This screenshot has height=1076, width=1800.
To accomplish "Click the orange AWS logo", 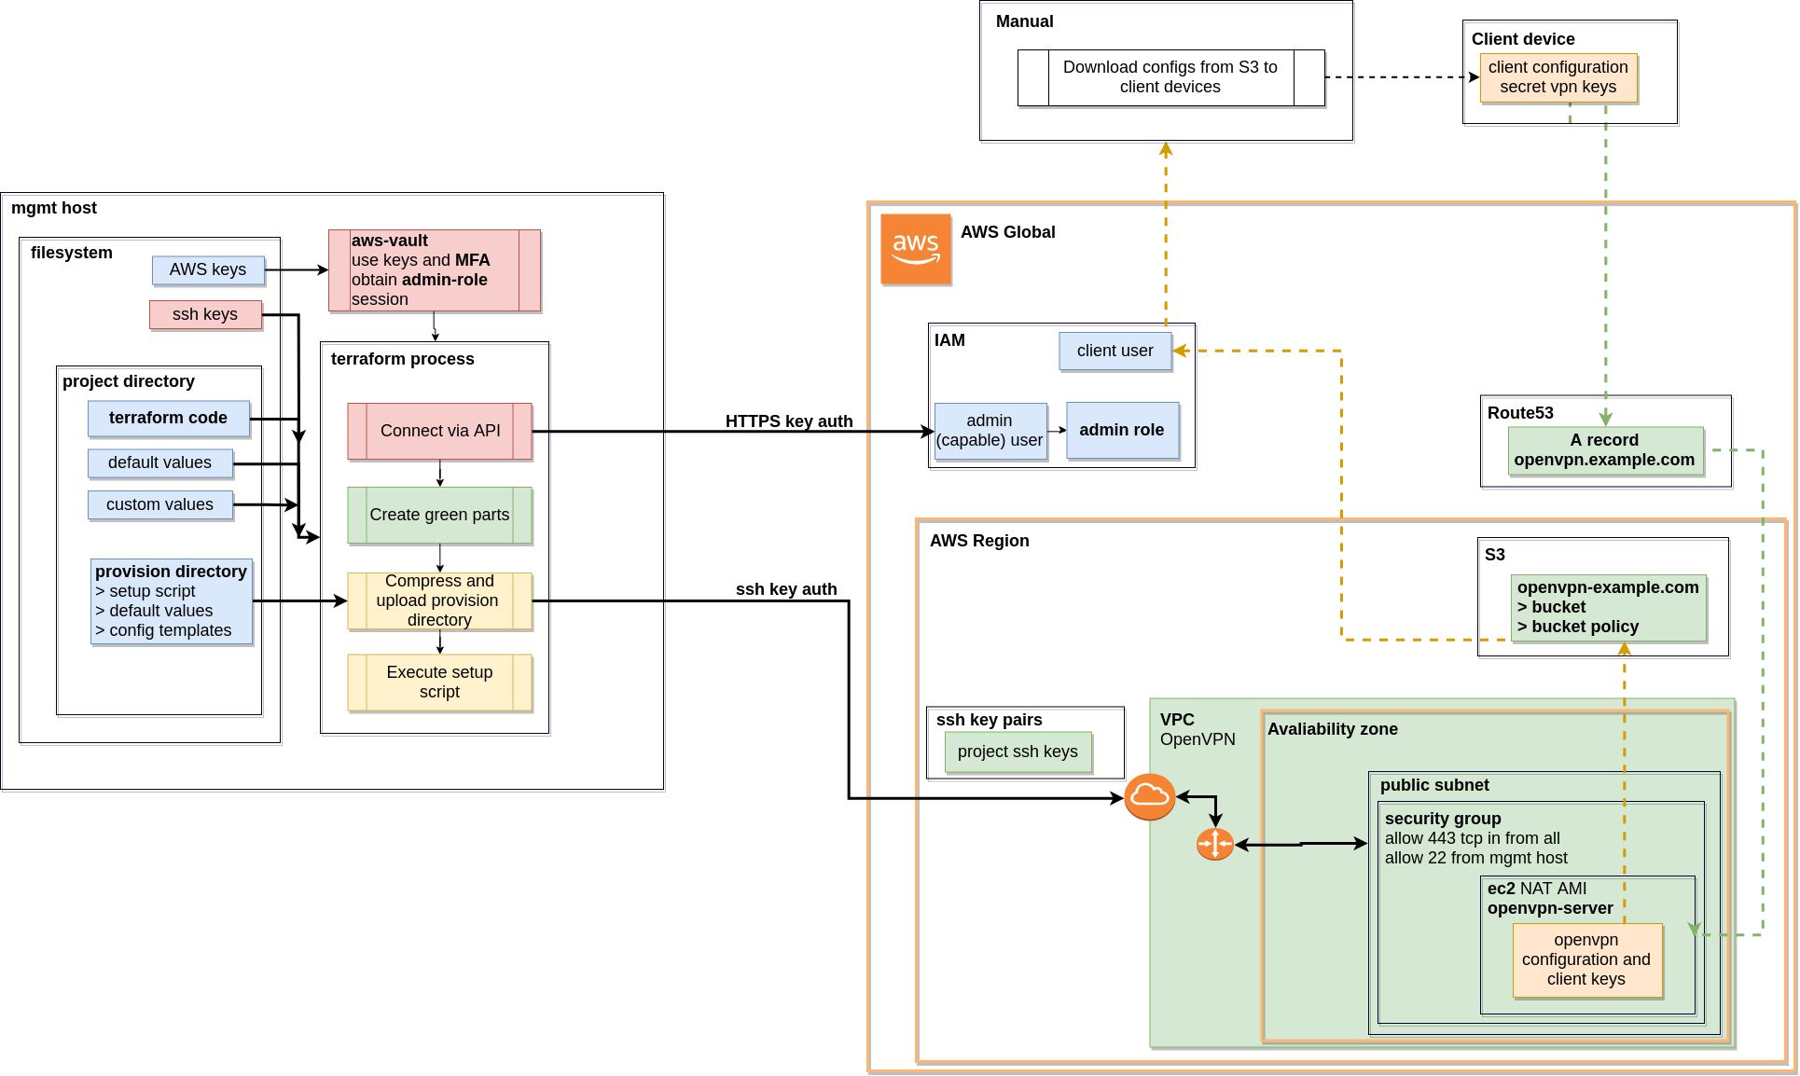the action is pyautogui.click(x=916, y=249).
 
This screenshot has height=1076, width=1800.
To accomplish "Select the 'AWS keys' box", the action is pyautogui.click(x=208, y=269).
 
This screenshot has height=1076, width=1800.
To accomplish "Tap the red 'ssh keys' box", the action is pyautogui.click(x=205, y=314).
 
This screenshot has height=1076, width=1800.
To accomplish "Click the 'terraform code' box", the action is pyautogui.click(x=169, y=418).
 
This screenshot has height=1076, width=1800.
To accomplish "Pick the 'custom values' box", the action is pyautogui.click(x=160, y=504).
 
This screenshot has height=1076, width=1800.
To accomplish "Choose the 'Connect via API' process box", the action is pyautogui.click(x=439, y=431).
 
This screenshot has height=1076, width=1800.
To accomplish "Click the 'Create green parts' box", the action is pyautogui.click(x=439, y=515).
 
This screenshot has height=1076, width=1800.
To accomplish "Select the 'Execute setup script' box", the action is pyautogui.click(x=439, y=683).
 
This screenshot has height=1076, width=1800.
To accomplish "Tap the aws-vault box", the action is pyautogui.click(x=435, y=270).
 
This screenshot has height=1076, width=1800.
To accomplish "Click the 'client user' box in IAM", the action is pyautogui.click(x=1115, y=351).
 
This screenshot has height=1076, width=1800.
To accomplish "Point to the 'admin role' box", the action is pyautogui.click(x=1122, y=430).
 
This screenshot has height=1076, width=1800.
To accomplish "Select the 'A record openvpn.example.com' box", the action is pyautogui.click(x=1605, y=450).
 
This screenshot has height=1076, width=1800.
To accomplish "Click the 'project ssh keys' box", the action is pyautogui.click(x=1018, y=752).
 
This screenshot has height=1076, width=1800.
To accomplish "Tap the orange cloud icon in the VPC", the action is pyautogui.click(x=1149, y=796).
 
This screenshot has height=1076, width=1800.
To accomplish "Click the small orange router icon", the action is pyautogui.click(x=1215, y=844).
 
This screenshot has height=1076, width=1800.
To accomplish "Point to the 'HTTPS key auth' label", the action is pyautogui.click(x=789, y=421).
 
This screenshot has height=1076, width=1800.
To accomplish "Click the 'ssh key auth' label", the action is pyautogui.click(x=786, y=589).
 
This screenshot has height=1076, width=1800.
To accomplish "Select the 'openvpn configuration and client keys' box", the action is pyautogui.click(x=1587, y=960).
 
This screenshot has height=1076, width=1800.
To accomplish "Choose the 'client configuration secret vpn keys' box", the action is pyautogui.click(x=1558, y=77).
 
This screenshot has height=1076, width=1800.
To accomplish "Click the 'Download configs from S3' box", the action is pyautogui.click(x=1170, y=77).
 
